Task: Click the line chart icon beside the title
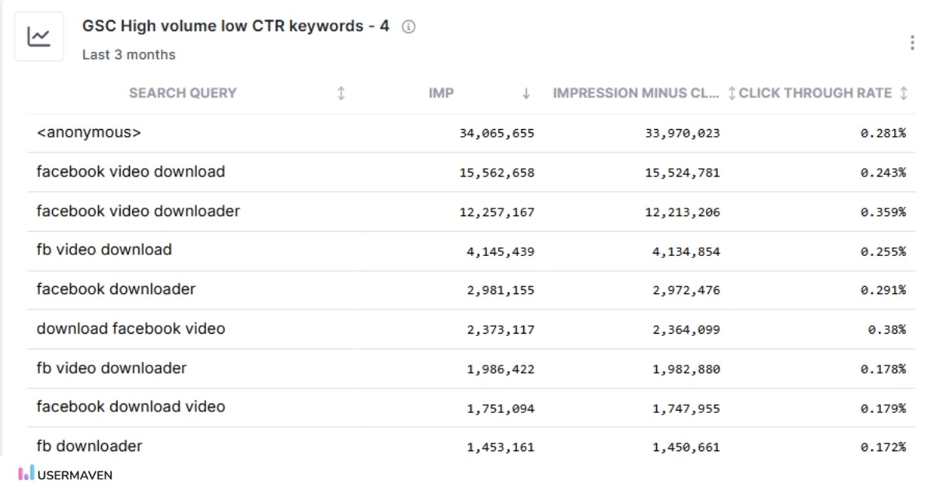[39, 37]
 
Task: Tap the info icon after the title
[408, 27]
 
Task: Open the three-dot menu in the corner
[911, 43]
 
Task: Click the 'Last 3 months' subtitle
[129, 54]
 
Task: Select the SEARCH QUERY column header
[183, 93]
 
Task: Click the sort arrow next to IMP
[526, 93]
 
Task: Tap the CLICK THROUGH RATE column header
[815, 93]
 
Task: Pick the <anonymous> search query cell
[89, 133]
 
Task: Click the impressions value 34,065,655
[497, 134]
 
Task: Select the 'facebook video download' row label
[131, 172]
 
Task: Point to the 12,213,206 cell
[682, 212]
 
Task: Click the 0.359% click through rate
[882, 212]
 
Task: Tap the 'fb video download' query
[104, 250]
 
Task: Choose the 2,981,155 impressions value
[500, 291]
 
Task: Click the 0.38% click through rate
[886, 330]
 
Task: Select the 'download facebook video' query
[131, 329]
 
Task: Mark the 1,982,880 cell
[686, 369]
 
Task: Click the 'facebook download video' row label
[131, 407]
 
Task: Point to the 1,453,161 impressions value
[500, 447]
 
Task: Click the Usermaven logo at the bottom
[66, 474]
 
